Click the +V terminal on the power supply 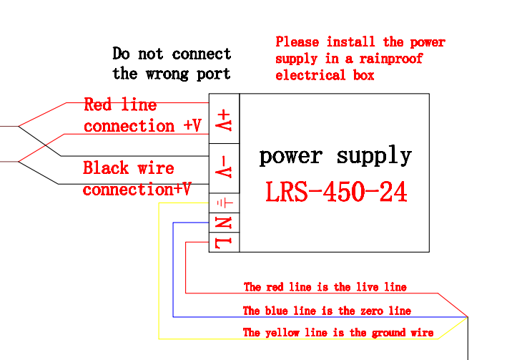[224, 119]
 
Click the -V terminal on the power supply [224, 168]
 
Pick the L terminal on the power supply [224, 243]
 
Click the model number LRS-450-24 [336, 192]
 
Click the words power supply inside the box [335, 155]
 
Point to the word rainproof [391, 59]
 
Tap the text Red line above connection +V [120, 104]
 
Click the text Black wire [129, 168]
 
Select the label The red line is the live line [325, 287]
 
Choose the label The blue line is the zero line [327, 311]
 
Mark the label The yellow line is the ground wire [338, 333]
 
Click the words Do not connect [172, 54]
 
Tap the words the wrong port [172, 73]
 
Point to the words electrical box [325, 75]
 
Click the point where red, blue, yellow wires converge [467, 317]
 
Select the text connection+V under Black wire [137, 190]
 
